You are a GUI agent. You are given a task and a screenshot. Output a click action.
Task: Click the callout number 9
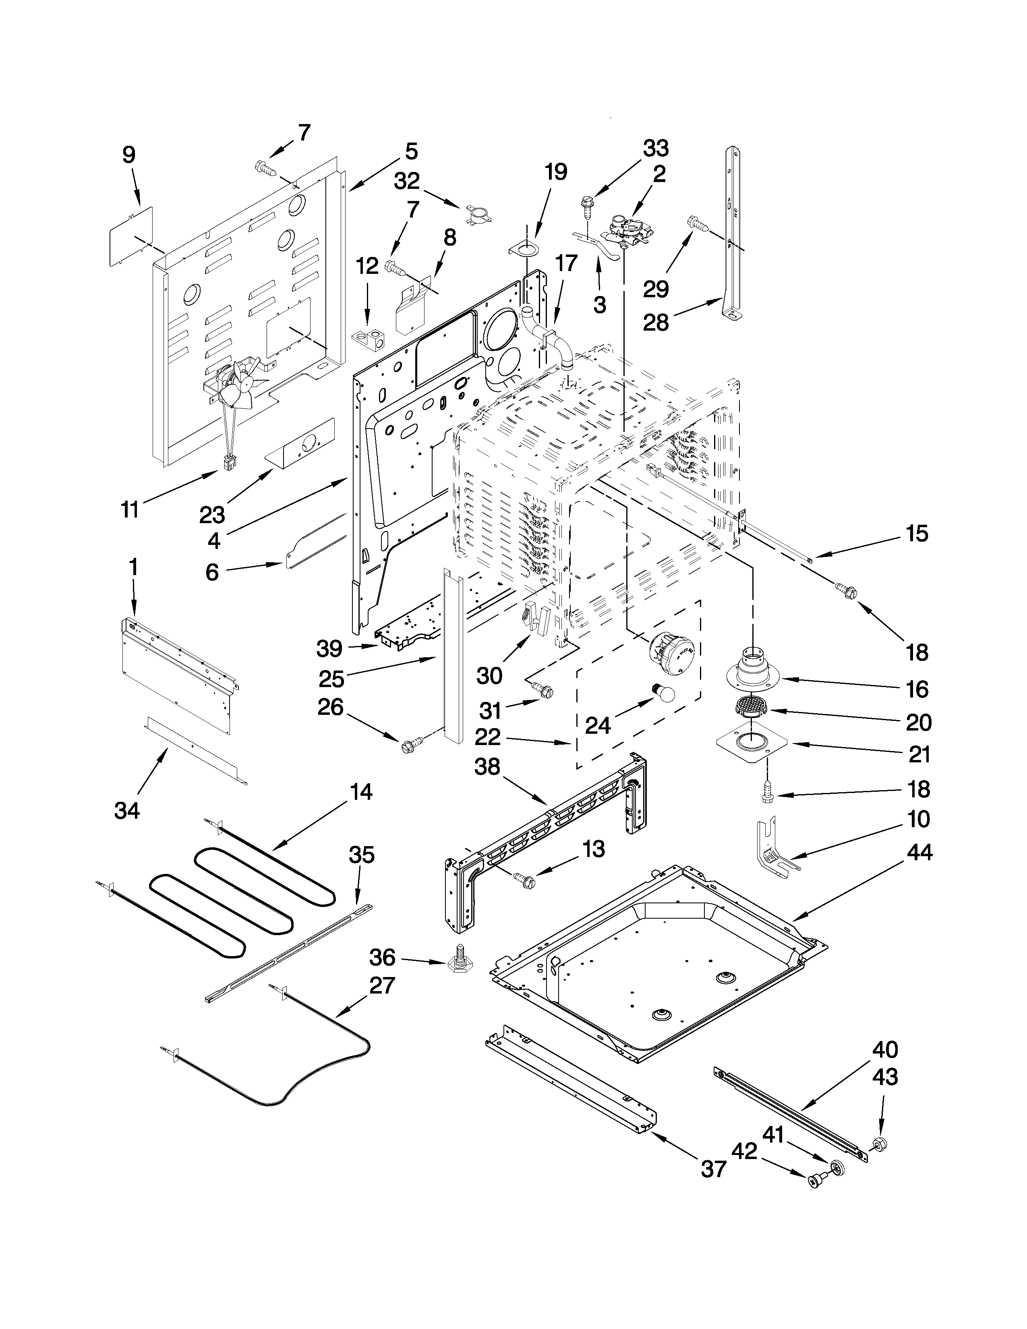coord(129,155)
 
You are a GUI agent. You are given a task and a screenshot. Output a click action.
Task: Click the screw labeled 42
coord(816,1179)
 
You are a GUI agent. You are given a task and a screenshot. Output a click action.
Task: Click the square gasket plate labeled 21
coord(753,745)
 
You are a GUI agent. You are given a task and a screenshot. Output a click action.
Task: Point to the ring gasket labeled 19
coord(524,251)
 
